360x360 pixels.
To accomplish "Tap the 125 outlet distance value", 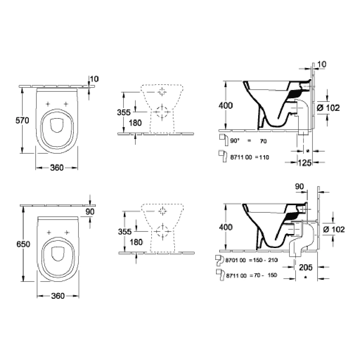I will tap(305, 163).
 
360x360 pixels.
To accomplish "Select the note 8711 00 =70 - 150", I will tap(252, 275).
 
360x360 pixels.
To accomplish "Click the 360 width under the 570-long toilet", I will tap(57, 167).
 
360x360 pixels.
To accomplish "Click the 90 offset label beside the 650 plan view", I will tap(90, 212).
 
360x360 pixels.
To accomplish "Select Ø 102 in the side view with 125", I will tap(329, 107).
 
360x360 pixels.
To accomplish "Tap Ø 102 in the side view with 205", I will tap(334, 229).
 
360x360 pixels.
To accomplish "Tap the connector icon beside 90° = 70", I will tap(223, 139).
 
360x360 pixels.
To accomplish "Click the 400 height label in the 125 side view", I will tap(226, 105).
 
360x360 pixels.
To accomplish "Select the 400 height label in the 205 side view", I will tap(226, 227).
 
